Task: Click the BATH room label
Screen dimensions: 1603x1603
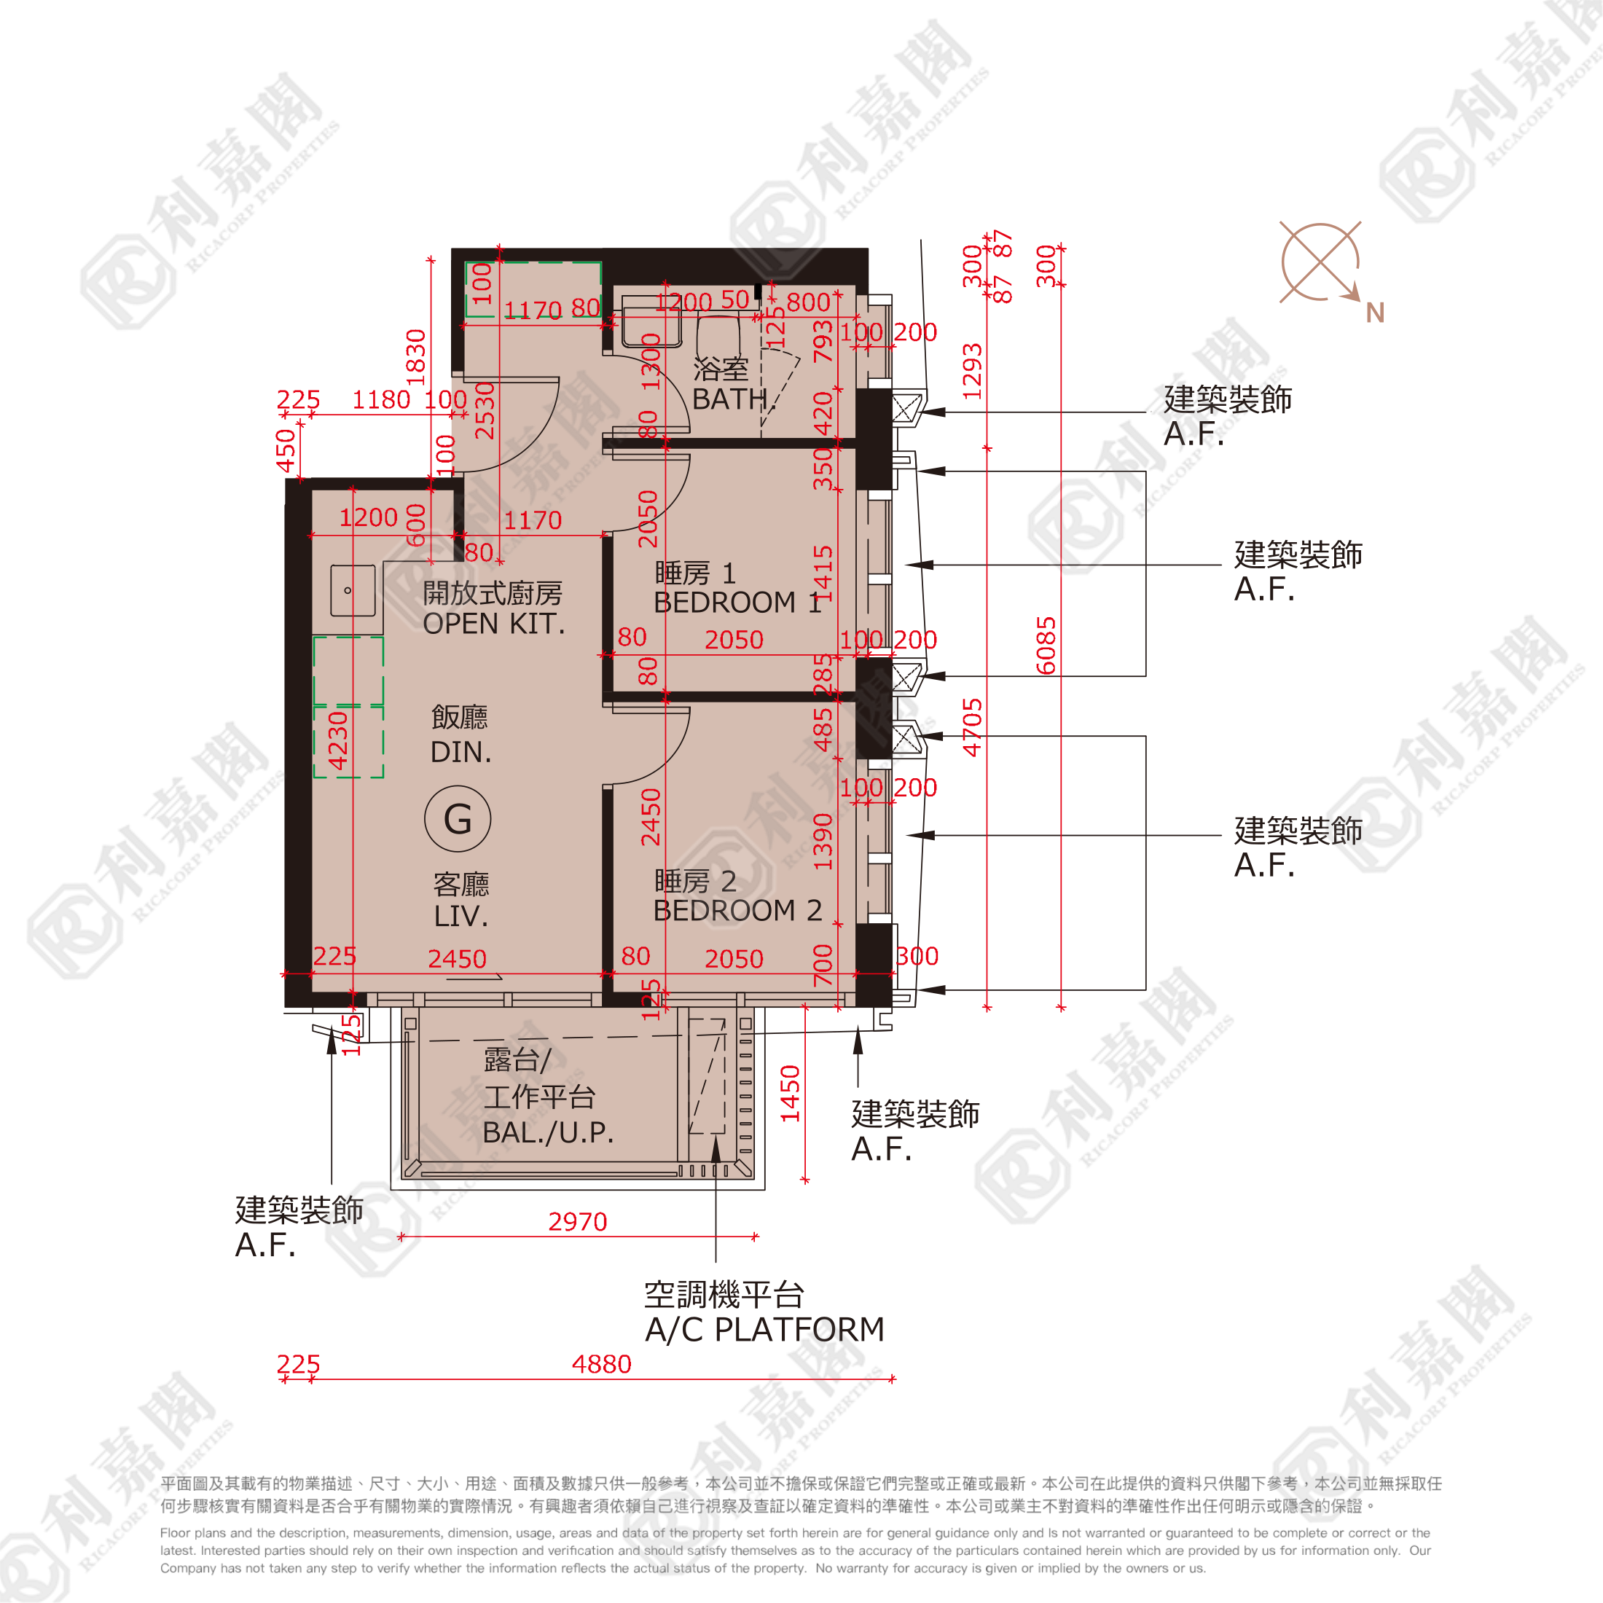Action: tap(729, 399)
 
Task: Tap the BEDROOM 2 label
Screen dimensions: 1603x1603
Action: tap(737, 910)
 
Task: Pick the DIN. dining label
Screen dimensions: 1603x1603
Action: tap(460, 752)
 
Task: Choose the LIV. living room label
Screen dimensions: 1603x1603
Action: tap(460, 916)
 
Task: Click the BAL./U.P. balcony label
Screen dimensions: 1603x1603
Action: tap(549, 1132)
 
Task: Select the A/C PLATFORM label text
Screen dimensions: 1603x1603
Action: tap(764, 1329)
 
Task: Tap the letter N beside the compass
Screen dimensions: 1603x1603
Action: tap(1375, 313)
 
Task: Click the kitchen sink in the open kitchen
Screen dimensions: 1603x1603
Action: tap(353, 590)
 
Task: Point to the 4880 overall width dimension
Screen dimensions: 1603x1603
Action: tap(602, 1363)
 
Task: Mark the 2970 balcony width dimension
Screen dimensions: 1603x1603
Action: tap(578, 1221)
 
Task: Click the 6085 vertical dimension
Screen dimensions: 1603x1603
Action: tap(1046, 645)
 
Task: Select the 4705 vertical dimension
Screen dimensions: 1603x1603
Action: tap(971, 727)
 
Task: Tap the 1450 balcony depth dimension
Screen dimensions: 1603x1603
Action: tap(790, 1094)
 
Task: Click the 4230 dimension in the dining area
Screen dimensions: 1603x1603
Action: tap(337, 740)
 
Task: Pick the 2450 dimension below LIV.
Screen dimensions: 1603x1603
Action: tap(456, 958)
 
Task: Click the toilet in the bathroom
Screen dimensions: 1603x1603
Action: tap(718, 334)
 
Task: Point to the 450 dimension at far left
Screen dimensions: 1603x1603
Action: tap(286, 450)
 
